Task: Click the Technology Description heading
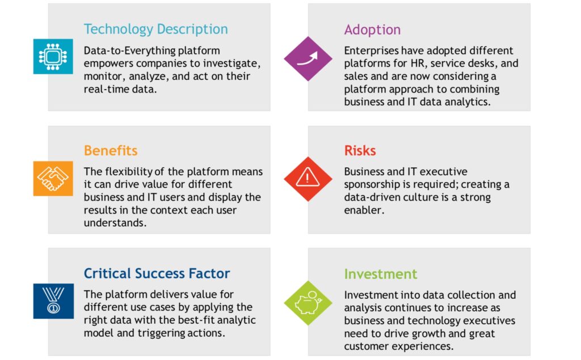pyautogui.click(x=155, y=29)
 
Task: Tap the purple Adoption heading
pyautogui.click(x=372, y=29)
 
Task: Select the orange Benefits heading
pyautogui.click(x=111, y=151)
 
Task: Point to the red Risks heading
pyautogui.click(x=360, y=151)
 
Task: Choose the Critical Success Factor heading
pyautogui.click(x=157, y=273)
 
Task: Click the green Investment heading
pyautogui.click(x=381, y=274)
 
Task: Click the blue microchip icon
pyautogui.click(x=53, y=57)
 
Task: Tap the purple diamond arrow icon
pyautogui.click(x=308, y=58)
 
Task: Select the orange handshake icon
pyautogui.click(x=53, y=179)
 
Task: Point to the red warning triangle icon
pyautogui.click(x=308, y=179)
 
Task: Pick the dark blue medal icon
pyautogui.click(x=53, y=301)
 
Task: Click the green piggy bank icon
pyautogui.click(x=308, y=303)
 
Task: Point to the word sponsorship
pyautogui.click(x=372, y=185)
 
